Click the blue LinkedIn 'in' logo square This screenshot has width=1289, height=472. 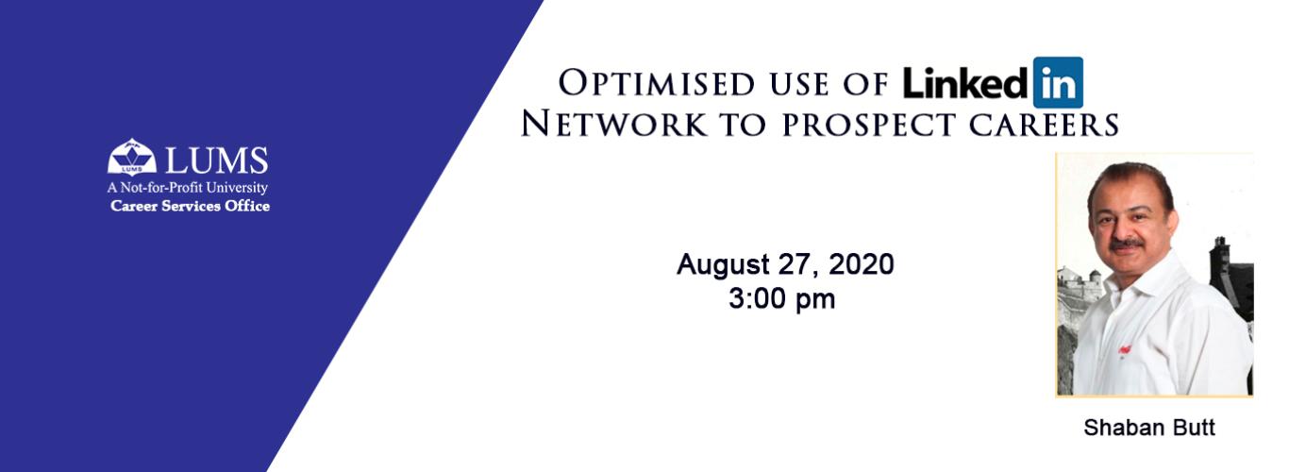(x=1058, y=82)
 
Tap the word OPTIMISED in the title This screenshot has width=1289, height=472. (x=656, y=83)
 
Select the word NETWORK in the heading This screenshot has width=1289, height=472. (x=614, y=124)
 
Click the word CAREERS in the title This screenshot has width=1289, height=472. (x=1044, y=125)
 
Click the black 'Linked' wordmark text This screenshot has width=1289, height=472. (x=965, y=83)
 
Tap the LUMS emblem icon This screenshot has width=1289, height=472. (x=132, y=156)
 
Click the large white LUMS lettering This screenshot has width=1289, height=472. (x=217, y=160)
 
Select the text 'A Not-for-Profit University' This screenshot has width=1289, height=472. (x=188, y=188)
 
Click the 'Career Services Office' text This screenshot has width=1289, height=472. (x=190, y=206)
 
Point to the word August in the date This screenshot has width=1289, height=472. (x=724, y=265)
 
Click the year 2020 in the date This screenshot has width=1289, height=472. (x=862, y=264)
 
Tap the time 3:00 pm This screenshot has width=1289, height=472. (x=782, y=299)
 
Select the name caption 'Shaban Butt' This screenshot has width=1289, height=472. (x=1149, y=428)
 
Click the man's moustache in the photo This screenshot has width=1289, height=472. (x=1126, y=244)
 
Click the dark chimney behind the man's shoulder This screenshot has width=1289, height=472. (x=1220, y=254)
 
